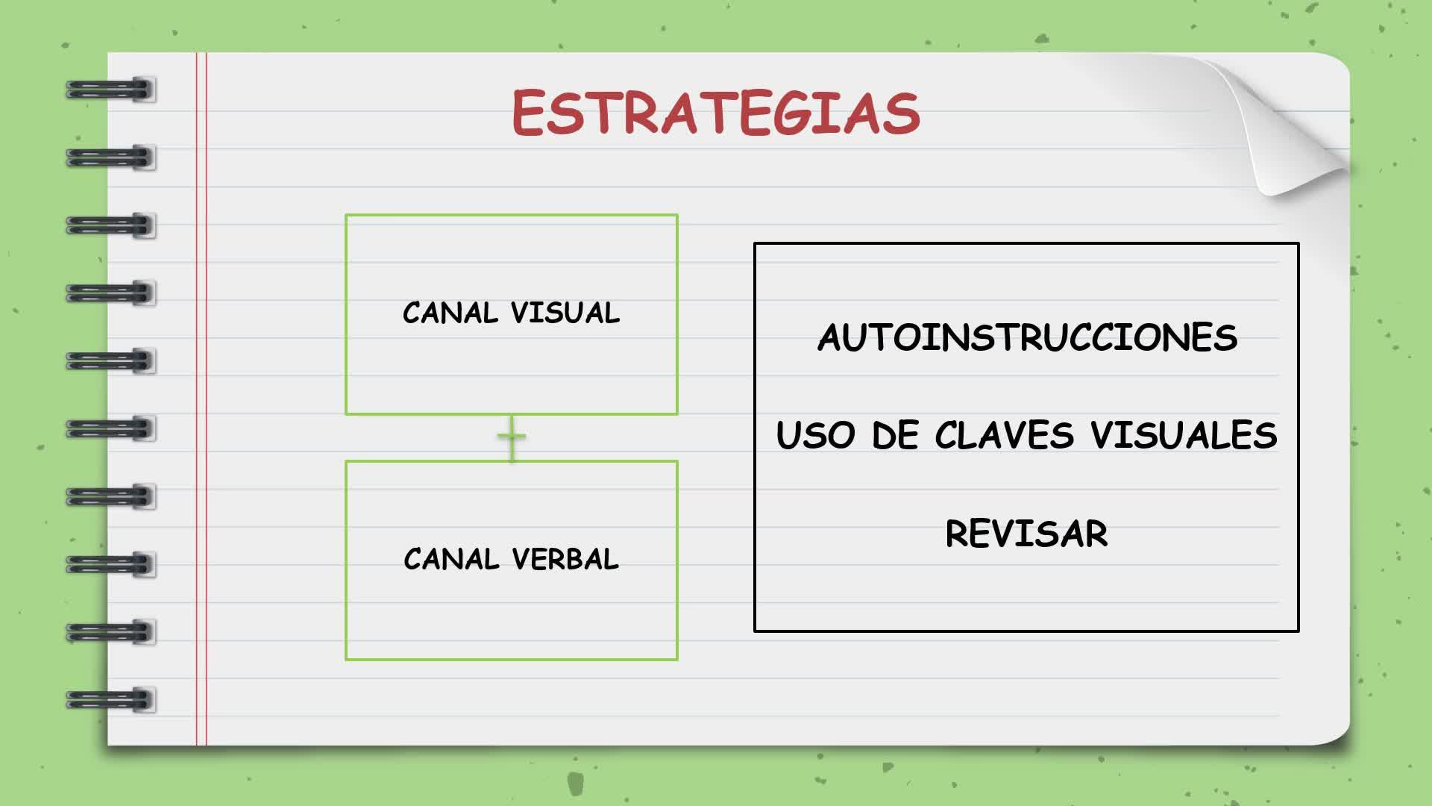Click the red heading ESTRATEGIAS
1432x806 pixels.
(716, 113)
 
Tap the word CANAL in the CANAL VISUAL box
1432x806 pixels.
(450, 313)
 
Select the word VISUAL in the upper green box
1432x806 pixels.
(565, 313)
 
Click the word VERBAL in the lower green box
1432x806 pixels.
(565, 559)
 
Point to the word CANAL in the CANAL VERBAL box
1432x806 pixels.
(451, 559)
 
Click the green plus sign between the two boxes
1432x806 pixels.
(512, 437)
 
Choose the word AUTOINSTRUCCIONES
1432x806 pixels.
(1027, 337)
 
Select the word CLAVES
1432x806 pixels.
(1005, 435)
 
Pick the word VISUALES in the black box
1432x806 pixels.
(1184, 435)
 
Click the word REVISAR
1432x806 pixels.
(1027, 534)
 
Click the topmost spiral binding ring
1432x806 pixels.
(110, 90)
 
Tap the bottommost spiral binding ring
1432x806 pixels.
(110, 700)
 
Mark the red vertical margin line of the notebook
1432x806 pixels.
(201, 399)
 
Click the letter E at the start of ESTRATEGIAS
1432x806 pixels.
(528, 113)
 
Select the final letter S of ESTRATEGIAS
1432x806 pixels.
(903, 113)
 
